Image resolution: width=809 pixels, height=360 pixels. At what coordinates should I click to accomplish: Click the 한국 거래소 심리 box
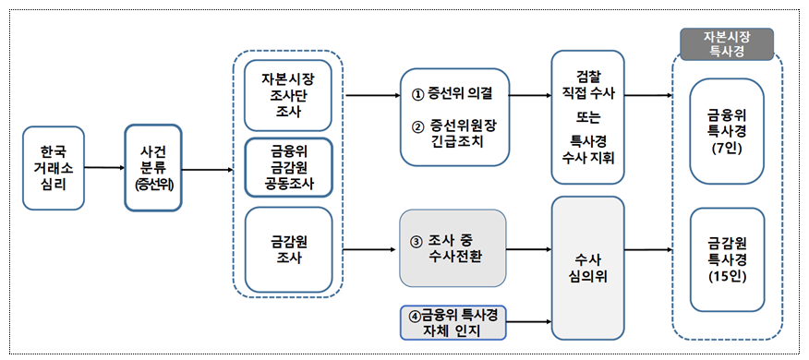click(x=54, y=169)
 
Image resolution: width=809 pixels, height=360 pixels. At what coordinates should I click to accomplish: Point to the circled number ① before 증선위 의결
click(x=417, y=93)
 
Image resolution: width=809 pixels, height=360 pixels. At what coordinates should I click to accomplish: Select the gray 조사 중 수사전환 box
click(x=453, y=248)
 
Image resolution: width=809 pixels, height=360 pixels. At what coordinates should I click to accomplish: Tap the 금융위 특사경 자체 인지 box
click(x=453, y=319)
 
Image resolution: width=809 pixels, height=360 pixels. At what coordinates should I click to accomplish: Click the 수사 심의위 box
click(x=591, y=267)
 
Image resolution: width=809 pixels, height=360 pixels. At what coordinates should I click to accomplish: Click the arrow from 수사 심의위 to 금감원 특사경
click(x=652, y=249)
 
